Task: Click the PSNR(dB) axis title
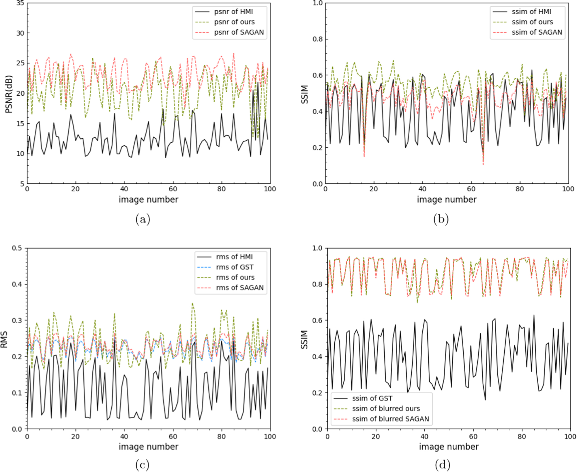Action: coord(9,94)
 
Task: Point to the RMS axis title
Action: coord(4,339)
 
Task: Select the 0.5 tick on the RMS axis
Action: coord(17,248)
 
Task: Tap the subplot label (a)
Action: coord(143,220)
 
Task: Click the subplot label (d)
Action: coord(443,465)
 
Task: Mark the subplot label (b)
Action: coord(441,220)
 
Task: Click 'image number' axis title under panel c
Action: coord(148,447)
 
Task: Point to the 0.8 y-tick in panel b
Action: coord(318,39)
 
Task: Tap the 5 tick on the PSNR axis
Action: coord(22,184)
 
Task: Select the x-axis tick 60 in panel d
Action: coord(473,436)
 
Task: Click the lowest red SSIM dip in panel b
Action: coord(483,164)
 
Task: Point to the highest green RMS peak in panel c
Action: coord(192,303)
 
